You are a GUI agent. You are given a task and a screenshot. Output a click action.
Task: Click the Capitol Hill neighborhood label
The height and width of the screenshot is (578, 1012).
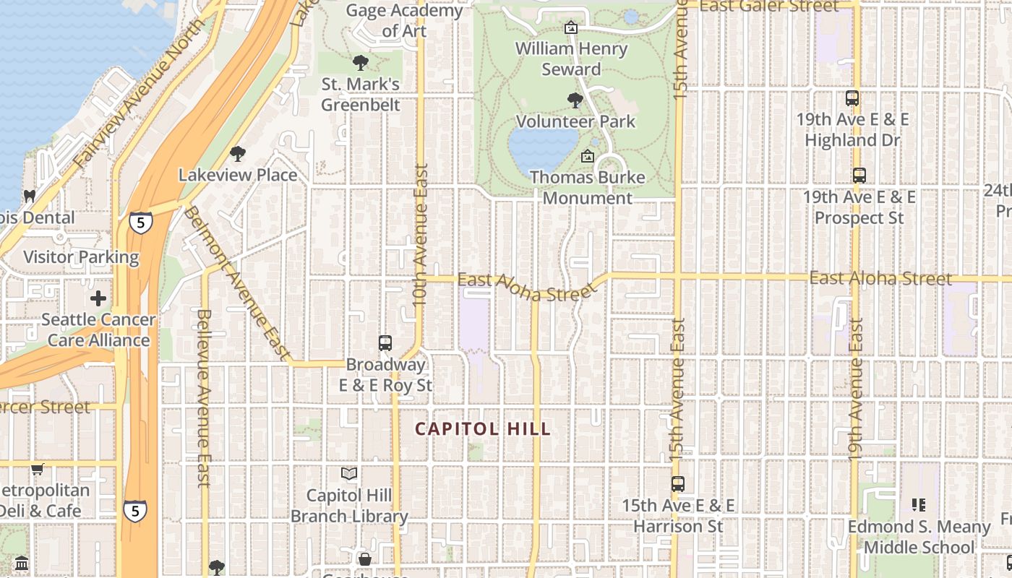[x=483, y=429]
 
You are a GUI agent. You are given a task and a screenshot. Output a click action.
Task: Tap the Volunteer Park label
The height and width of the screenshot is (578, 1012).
[x=575, y=121]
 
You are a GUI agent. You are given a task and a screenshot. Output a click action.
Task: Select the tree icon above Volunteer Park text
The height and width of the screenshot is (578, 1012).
[x=575, y=100]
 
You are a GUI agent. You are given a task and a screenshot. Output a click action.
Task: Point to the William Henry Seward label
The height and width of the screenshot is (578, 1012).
[x=571, y=59]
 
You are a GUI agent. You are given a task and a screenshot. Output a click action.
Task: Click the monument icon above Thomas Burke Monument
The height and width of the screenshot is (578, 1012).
[x=588, y=156]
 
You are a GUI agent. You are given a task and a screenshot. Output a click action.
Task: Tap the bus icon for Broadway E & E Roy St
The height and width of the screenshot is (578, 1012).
[x=385, y=343]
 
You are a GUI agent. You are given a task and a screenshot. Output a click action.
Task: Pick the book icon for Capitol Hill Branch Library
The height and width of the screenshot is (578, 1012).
[x=349, y=474]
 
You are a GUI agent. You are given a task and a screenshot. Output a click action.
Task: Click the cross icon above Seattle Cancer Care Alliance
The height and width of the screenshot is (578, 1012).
[x=98, y=298]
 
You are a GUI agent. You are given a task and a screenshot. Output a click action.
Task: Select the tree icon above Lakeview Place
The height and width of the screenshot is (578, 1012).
[x=237, y=153]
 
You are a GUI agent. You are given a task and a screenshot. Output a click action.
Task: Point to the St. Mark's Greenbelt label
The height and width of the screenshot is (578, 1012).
[x=361, y=95]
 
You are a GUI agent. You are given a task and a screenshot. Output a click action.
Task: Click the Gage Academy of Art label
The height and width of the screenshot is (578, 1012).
[x=404, y=21]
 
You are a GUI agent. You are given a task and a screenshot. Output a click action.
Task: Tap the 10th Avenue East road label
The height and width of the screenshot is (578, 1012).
[x=421, y=235]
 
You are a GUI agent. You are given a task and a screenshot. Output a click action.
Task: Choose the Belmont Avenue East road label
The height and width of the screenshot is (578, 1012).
[x=236, y=282]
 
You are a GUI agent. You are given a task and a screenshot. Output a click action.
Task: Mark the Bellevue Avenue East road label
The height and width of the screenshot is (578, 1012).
[x=204, y=397]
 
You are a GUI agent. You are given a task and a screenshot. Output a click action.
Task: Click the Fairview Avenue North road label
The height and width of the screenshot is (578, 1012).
[x=141, y=94]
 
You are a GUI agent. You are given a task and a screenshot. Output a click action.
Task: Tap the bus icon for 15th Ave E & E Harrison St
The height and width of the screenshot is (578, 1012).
[x=677, y=484]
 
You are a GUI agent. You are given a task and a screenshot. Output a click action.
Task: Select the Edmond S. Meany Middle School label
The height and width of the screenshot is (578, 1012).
[x=919, y=537]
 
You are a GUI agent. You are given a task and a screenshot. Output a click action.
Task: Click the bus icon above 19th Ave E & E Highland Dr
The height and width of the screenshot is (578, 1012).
[x=852, y=98]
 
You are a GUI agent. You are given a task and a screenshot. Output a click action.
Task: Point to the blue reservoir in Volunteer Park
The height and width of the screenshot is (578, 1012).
[x=544, y=147]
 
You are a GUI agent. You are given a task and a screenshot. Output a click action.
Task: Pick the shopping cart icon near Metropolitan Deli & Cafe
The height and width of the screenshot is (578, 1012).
[x=38, y=469]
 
